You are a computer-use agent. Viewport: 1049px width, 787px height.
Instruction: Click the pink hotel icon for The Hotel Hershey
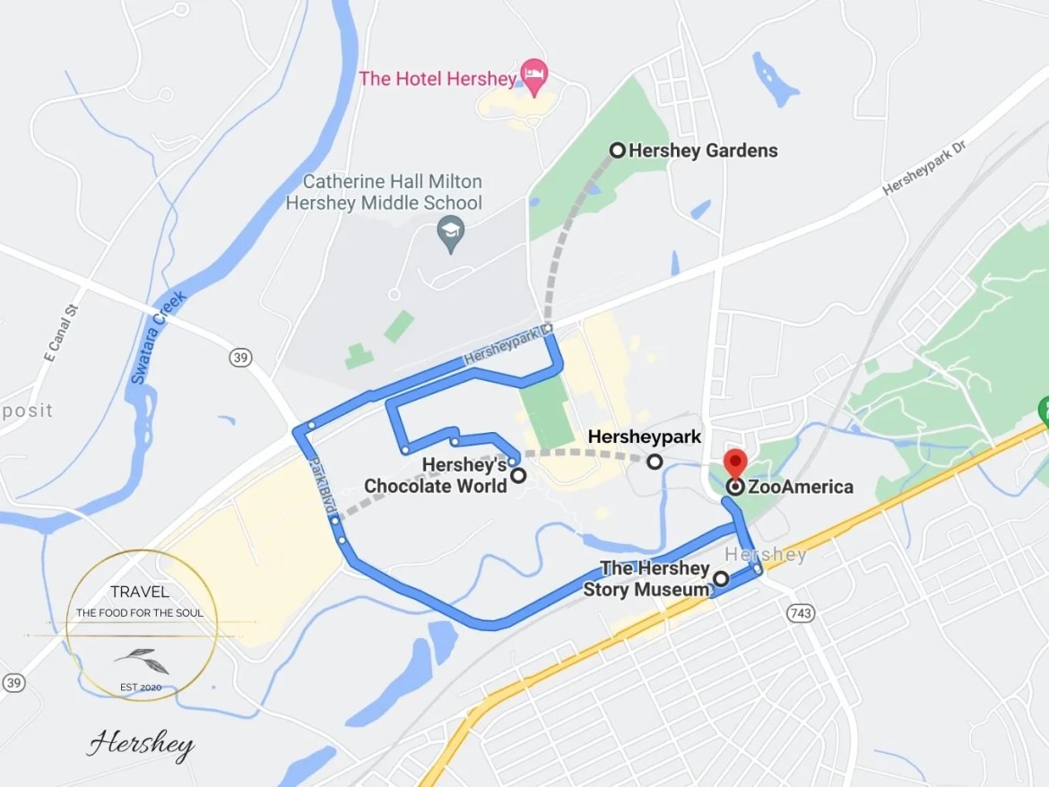tap(534, 76)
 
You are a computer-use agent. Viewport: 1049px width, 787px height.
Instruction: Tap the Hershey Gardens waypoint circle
tap(618, 151)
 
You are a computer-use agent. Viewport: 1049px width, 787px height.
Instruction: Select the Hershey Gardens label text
tap(703, 151)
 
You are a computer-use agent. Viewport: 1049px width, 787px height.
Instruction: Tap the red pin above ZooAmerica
tap(735, 463)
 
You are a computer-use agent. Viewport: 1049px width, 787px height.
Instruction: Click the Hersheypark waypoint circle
tap(655, 462)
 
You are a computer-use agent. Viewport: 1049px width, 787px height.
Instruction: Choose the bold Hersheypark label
tap(645, 437)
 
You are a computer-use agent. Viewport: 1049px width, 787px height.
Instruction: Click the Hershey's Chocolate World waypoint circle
tap(518, 476)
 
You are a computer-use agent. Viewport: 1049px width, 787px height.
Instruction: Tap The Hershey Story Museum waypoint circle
tap(721, 579)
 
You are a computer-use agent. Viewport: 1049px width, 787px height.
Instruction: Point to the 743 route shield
tap(800, 613)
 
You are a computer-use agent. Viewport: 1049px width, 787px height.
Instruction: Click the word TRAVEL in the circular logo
tap(140, 592)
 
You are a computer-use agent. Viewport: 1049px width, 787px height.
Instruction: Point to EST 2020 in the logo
tap(142, 688)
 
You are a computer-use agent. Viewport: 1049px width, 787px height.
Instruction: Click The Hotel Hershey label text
tap(438, 79)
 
